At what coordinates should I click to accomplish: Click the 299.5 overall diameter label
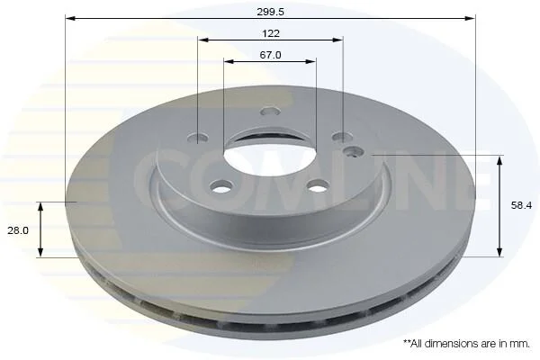click(x=270, y=12)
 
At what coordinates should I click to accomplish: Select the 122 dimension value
click(x=271, y=34)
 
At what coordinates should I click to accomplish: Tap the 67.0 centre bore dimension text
click(x=270, y=55)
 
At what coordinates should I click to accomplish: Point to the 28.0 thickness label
click(x=18, y=230)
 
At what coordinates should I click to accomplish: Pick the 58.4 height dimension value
click(x=521, y=206)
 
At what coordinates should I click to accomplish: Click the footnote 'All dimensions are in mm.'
click(x=470, y=343)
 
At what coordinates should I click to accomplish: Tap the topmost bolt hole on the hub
click(x=270, y=112)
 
